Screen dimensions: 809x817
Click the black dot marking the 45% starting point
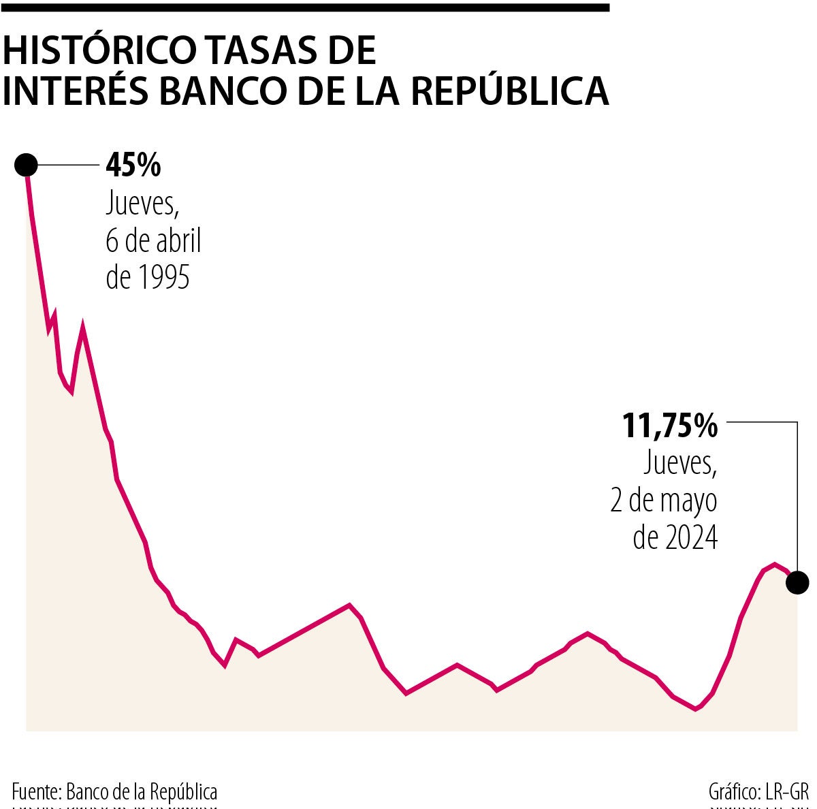pyautogui.click(x=26, y=165)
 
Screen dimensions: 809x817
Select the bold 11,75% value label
pyautogui.click(x=670, y=426)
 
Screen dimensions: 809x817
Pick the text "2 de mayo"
pyautogui.click(x=664, y=501)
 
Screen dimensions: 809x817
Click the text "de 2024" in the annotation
pyautogui.click(x=675, y=537)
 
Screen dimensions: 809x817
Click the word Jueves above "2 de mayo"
pyautogui.click(x=679, y=464)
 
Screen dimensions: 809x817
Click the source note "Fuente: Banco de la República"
pyautogui.click(x=114, y=791)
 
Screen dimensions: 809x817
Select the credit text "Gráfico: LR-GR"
pyautogui.click(x=758, y=792)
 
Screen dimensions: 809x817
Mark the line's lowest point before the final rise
pyautogui.click(x=696, y=709)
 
